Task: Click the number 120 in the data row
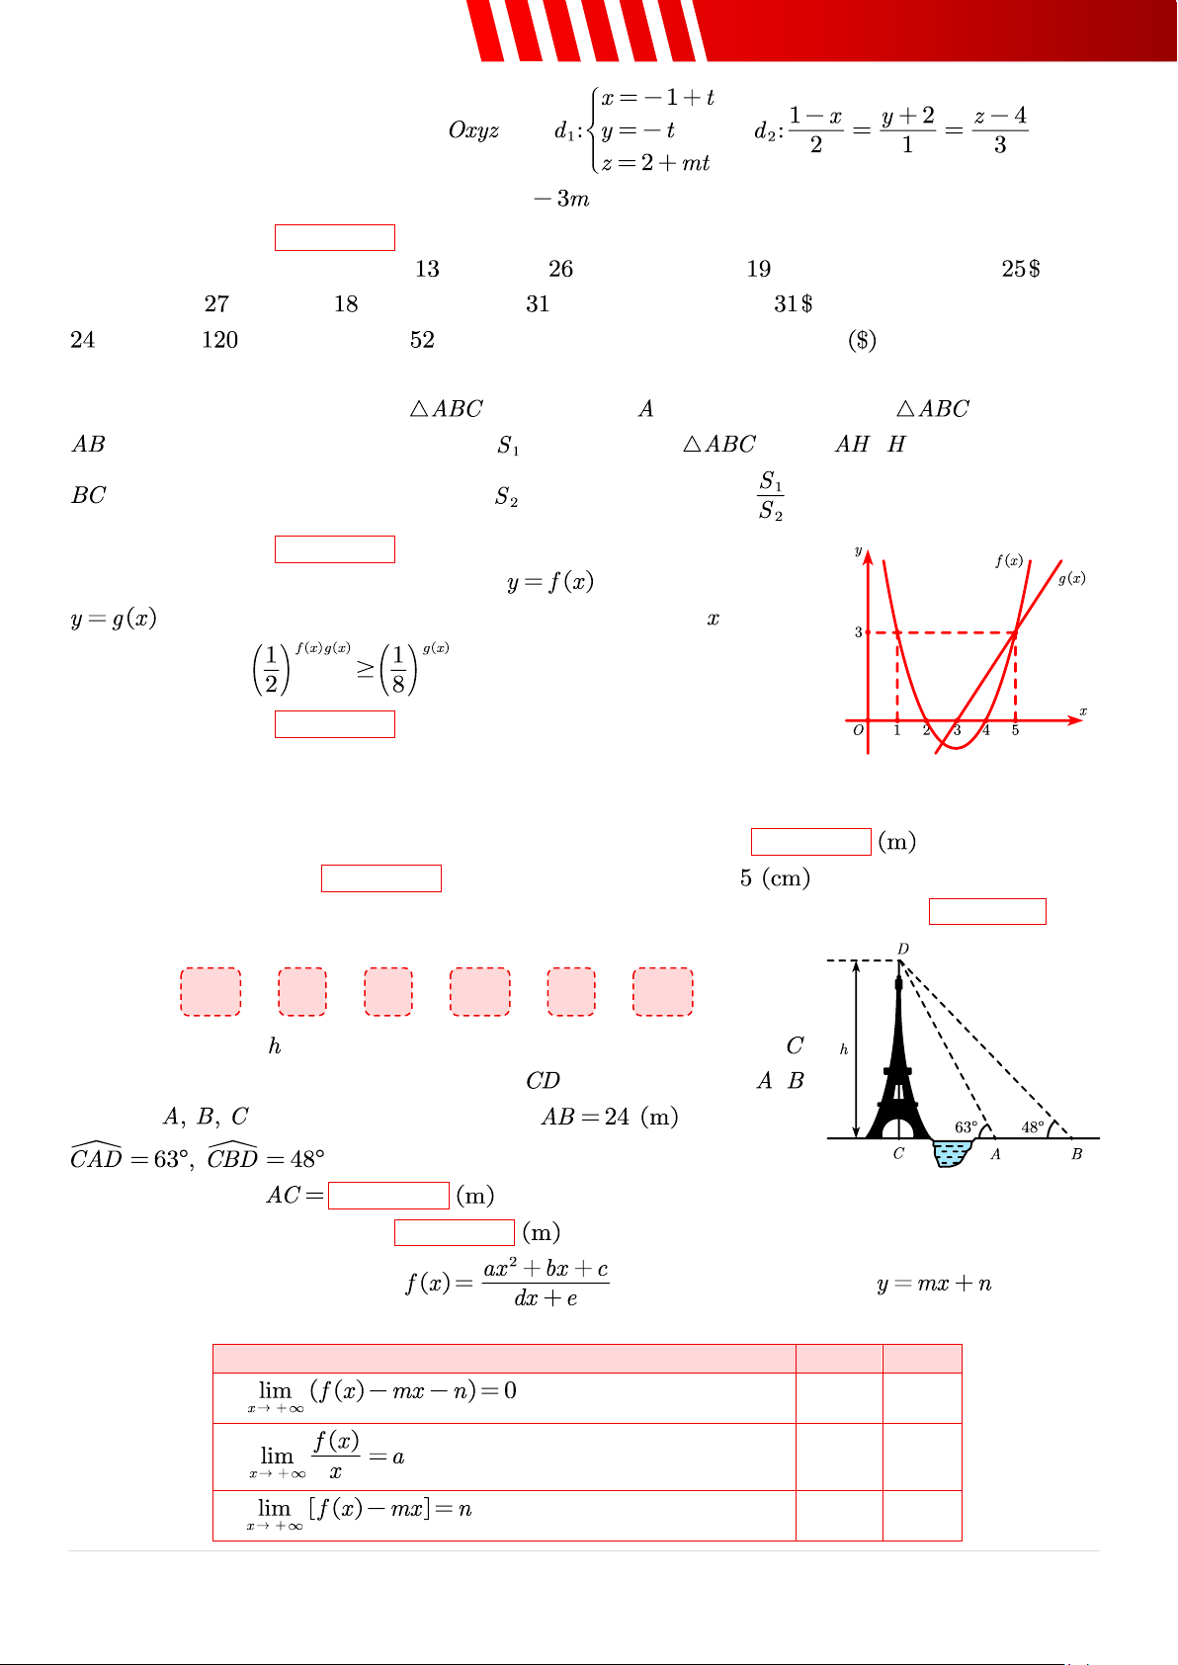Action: (220, 340)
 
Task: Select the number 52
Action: (422, 340)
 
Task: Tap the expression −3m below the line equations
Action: (562, 200)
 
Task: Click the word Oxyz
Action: (473, 130)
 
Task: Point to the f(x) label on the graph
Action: (1009, 560)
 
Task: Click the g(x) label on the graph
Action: (1071, 578)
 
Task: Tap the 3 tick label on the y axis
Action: (859, 631)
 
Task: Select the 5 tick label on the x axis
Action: (1015, 730)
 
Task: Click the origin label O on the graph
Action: (859, 730)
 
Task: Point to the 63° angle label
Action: (966, 1127)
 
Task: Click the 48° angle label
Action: (1033, 1127)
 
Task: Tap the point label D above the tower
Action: (903, 950)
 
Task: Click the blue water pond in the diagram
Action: (952, 1153)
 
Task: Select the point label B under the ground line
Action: (1076, 1154)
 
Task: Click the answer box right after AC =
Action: (388, 1196)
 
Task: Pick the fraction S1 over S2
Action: (771, 496)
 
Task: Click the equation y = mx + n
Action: (934, 1285)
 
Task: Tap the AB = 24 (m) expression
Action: (610, 1118)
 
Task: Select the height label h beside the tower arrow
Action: (844, 1049)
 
